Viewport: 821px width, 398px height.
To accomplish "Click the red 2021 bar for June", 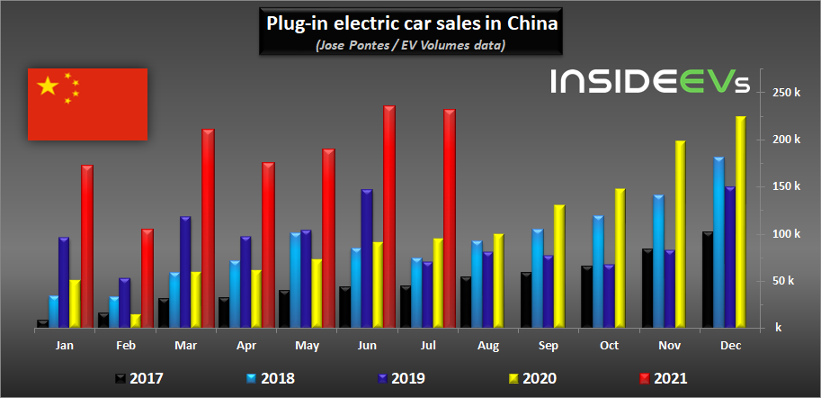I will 388,217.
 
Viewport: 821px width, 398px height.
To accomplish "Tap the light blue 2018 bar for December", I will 718,242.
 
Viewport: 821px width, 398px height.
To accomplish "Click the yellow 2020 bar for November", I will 680,234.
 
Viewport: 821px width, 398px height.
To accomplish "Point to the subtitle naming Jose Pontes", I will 411,44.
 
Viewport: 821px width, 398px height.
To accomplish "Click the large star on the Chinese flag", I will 47,86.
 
